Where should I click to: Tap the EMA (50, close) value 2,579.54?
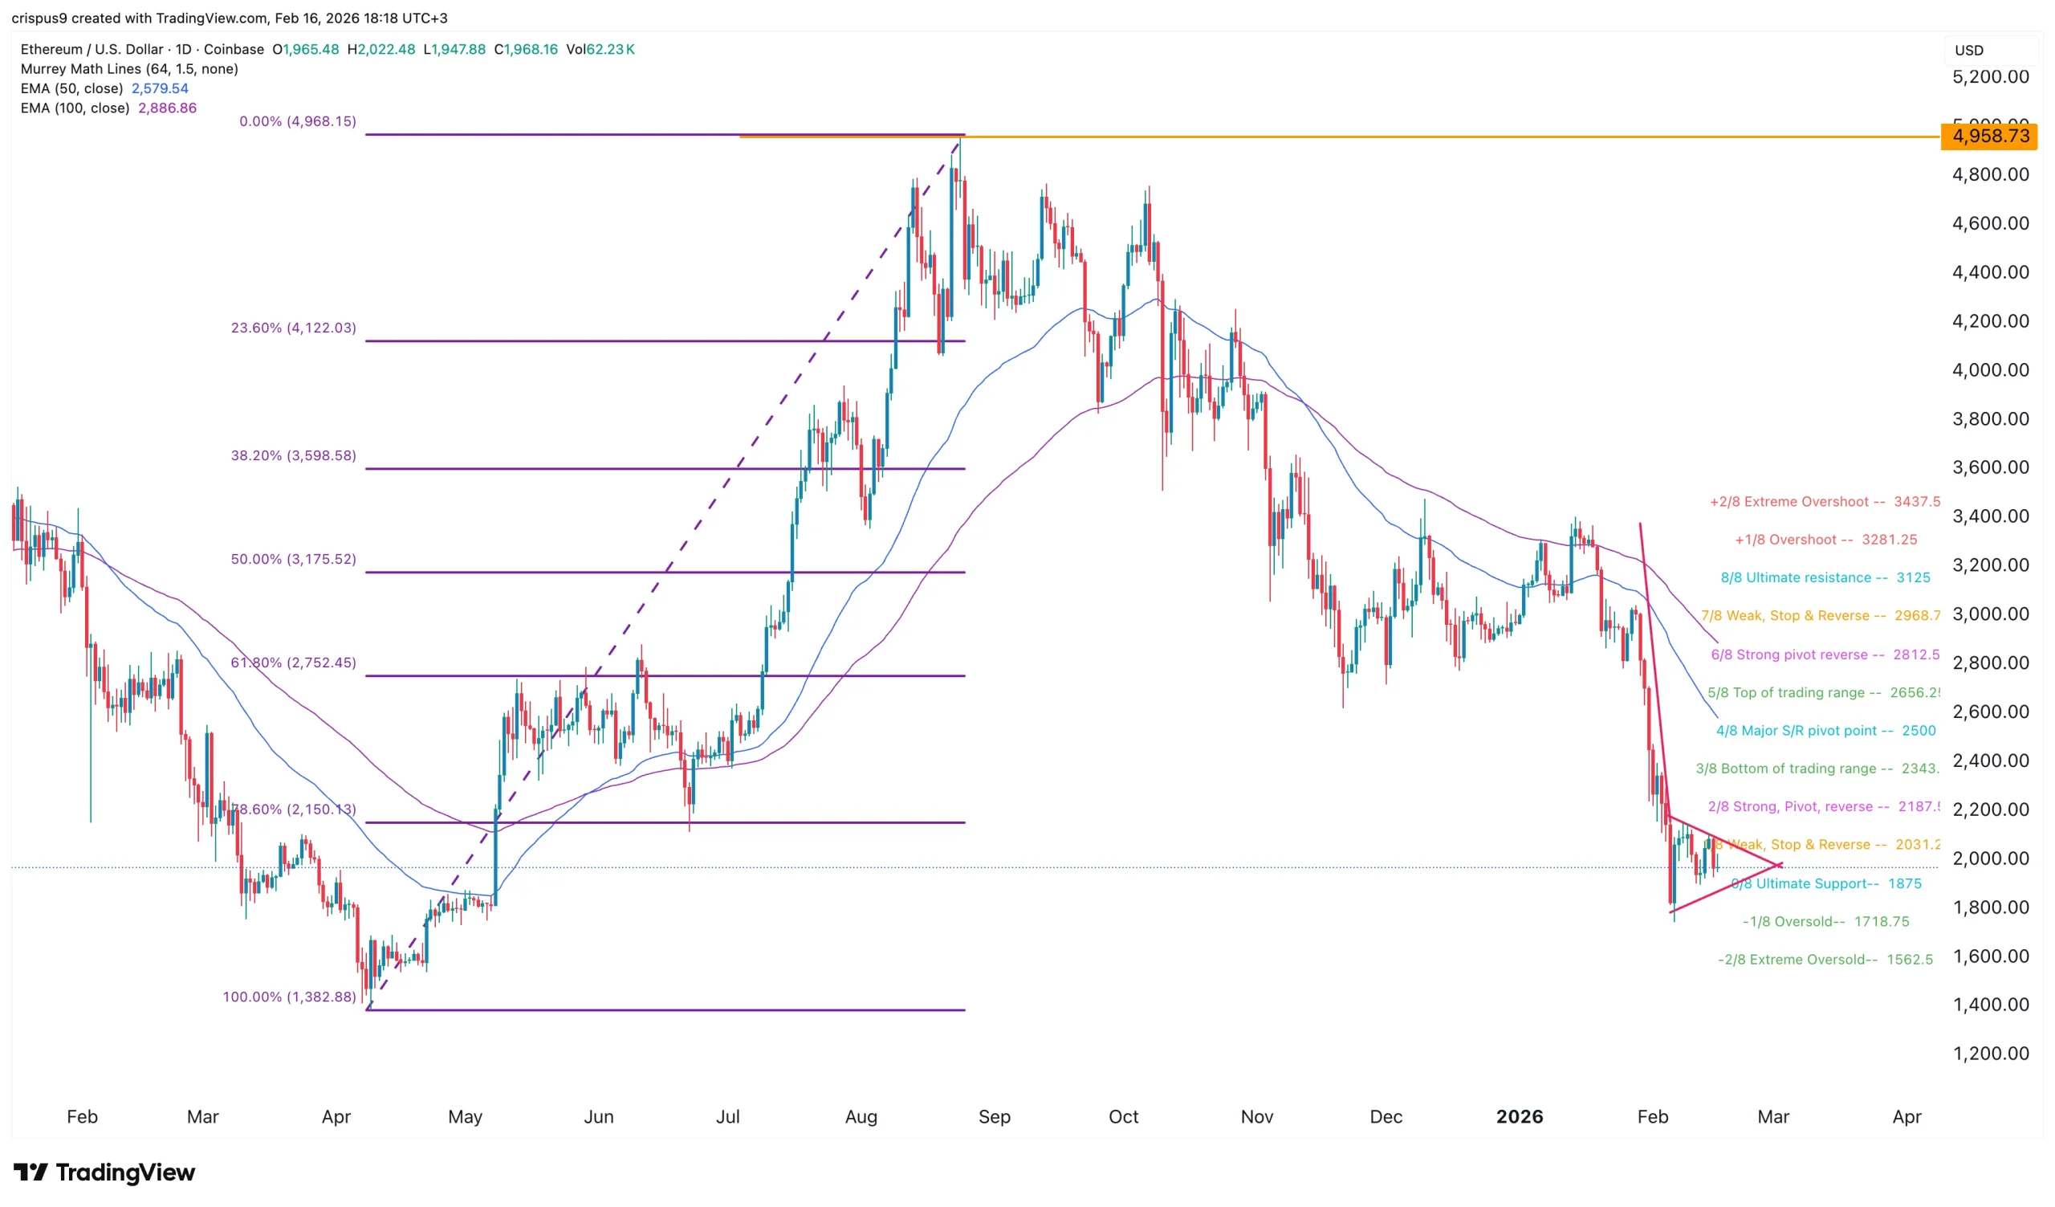point(160,88)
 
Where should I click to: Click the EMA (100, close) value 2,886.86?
point(167,108)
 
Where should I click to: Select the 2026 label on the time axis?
point(1519,1116)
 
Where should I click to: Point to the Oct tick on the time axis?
point(1123,1116)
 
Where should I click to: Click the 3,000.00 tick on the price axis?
point(1990,614)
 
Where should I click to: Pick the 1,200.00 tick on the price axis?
point(1990,1053)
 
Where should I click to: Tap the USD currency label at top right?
point(1968,51)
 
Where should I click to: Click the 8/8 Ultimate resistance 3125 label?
point(1825,577)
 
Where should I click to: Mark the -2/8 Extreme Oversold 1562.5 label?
point(1825,959)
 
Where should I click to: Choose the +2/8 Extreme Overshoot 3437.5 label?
point(1825,502)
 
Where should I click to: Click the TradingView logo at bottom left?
point(104,1172)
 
